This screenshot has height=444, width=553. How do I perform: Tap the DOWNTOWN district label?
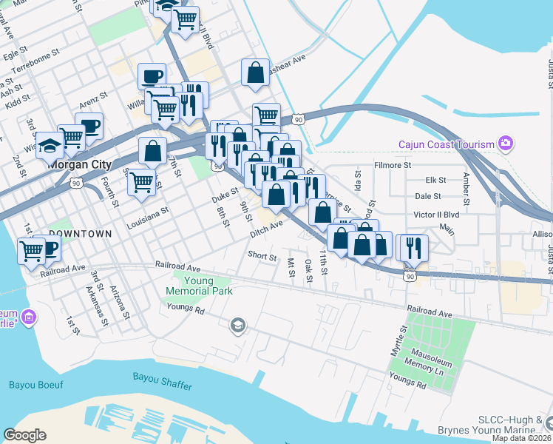click(x=80, y=234)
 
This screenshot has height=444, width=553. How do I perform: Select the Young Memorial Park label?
click(x=203, y=286)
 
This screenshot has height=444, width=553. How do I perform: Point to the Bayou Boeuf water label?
click(x=33, y=384)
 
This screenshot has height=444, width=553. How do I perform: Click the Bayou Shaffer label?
click(x=162, y=377)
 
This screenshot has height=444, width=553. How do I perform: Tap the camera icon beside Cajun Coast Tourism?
click(x=505, y=143)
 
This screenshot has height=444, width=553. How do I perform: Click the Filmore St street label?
click(x=392, y=165)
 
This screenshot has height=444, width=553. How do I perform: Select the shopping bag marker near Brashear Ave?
click(x=255, y=73)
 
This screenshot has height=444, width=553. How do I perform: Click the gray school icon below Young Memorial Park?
click(x=237, y=326)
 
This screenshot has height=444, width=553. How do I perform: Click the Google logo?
click(x=25, y=435)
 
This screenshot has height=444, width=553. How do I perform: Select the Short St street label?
click(x=262, y=258)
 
